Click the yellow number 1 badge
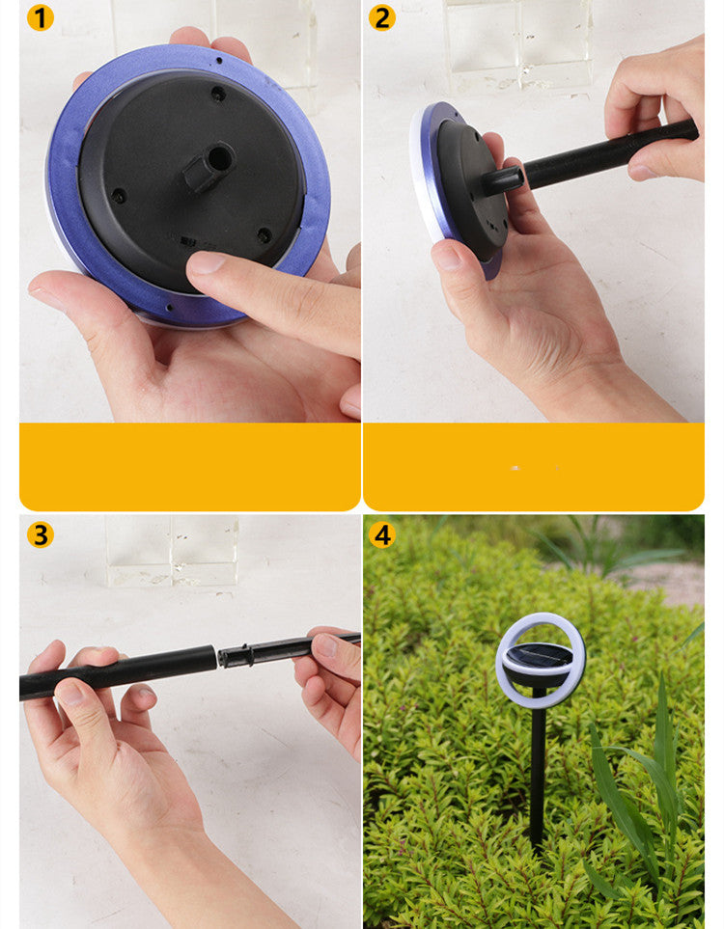tap(40, 17)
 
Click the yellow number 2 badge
tap(382, 17)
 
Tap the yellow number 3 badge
tap(40, 534)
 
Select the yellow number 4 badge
tap(382, 534)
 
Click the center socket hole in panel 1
tap(219, 157)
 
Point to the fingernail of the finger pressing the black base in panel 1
tap(206, 261)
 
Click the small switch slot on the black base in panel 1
tap(188, 241)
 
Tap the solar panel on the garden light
tap(539, 655)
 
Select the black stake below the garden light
tap(538, 770)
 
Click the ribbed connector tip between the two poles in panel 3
tap(236, 656)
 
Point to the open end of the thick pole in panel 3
tap(212, 658)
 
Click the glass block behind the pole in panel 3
tap(172, 551)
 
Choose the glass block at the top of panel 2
tap(517, 44)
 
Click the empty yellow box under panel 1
tap(190, 467)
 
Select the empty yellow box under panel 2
tap(534, 467)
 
